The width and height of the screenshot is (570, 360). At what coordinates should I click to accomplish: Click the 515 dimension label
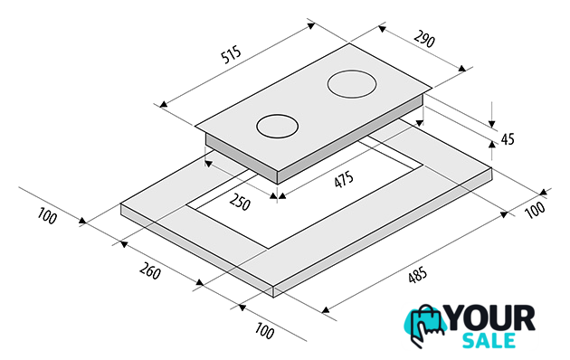(x=231, y=54)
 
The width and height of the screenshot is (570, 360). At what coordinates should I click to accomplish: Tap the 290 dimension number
(x=424, y=39)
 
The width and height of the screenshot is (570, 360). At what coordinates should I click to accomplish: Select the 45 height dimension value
(x=508, y=138)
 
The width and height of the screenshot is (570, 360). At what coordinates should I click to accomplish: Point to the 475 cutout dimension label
(x=344, y=180)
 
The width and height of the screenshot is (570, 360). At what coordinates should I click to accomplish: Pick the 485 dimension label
(x=417, y=275)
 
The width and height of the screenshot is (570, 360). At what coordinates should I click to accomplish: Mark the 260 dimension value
(x=150, y=270)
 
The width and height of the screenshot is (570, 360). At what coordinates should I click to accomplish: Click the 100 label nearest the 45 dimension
(x=536, y=210)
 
